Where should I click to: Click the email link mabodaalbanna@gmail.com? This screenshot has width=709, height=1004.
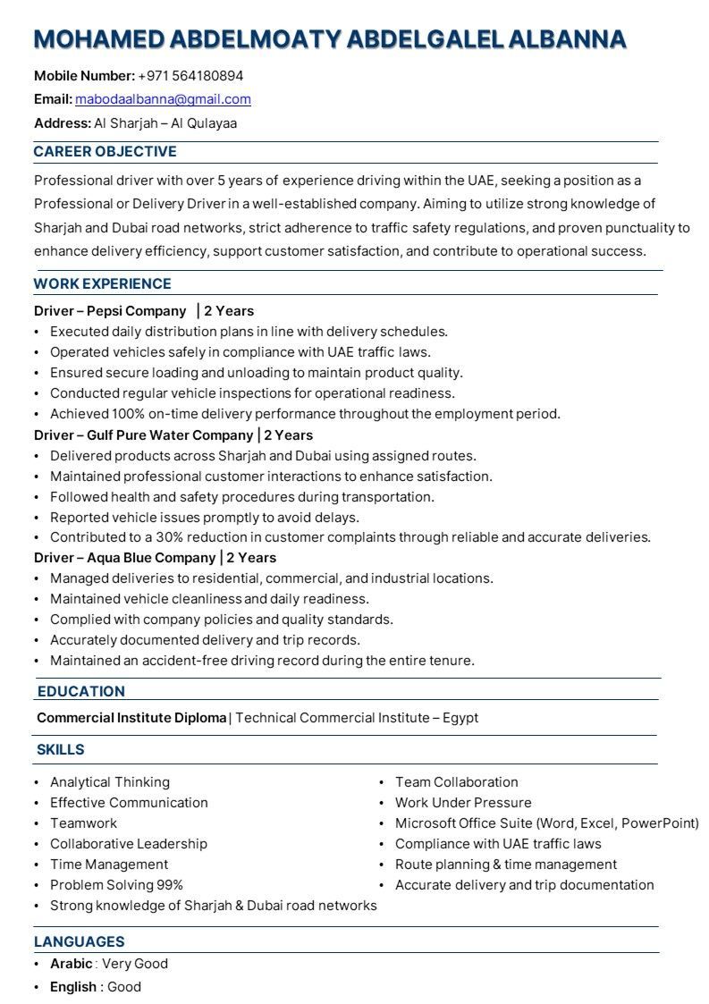163,99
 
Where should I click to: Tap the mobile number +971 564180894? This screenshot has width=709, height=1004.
190,76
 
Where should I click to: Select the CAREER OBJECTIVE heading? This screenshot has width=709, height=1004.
105,152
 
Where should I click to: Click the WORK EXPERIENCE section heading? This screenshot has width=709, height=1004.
102,284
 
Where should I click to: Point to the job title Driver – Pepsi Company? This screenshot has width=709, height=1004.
109,311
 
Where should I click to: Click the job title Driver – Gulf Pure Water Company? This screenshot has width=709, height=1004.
143,435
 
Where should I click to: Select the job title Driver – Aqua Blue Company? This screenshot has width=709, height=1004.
125,558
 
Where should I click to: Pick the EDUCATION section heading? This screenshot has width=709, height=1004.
80,691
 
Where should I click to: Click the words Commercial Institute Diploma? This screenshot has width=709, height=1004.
131,718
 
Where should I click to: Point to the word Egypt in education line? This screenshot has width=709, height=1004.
460,718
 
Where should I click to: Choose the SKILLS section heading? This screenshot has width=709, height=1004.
60,749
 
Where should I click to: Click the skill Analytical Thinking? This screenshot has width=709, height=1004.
109,782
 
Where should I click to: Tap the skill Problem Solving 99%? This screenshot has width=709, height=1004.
116,885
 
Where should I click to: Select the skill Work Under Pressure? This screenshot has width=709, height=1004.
463,803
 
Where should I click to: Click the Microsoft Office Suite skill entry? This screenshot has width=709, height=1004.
546,823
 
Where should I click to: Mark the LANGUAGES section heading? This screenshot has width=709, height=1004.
79,941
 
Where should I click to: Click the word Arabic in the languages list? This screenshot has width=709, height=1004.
71,964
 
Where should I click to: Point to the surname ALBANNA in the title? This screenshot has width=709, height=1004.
567,39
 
